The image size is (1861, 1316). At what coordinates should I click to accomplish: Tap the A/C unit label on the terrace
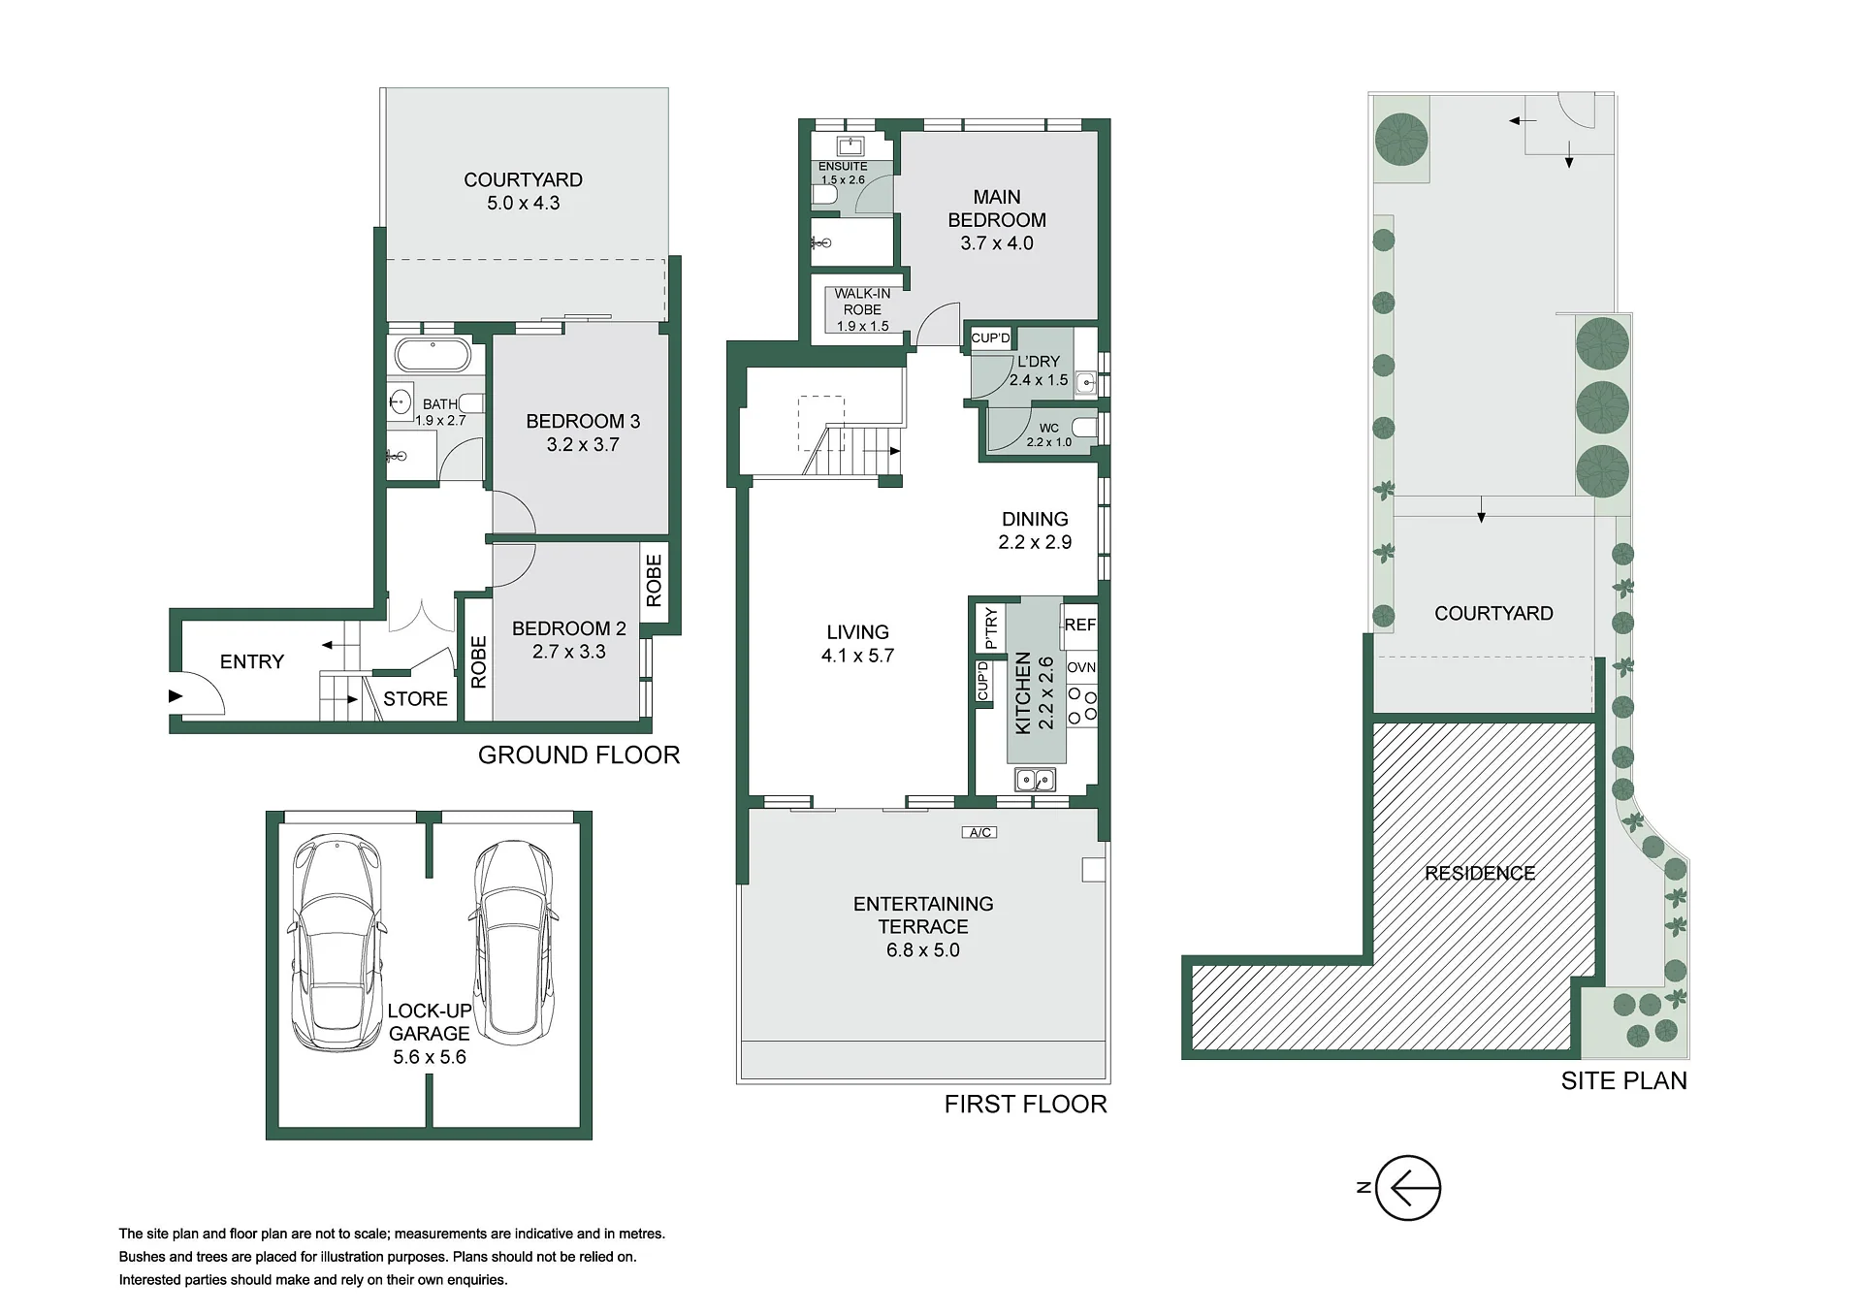click(x=979, y=832)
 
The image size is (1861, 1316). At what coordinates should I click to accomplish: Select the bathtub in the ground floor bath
click(x=433, y=355)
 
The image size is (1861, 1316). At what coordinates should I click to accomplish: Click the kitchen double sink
click(x=1035, y=779)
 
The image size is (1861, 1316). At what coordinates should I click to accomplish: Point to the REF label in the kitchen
click(x=1079, y=625)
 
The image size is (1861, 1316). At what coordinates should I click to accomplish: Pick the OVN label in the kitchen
click(x=1081, y=667)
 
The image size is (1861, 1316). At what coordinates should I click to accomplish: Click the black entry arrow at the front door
click(x=176, y=695)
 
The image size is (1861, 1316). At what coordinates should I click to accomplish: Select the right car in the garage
click(x=513, y=942)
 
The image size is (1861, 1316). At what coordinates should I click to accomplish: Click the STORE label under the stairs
click(x=415, y=699)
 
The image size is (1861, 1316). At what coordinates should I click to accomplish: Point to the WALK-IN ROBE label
click(x=862, y=302)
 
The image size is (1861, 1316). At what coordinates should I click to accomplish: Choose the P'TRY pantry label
click(x=990, y=627)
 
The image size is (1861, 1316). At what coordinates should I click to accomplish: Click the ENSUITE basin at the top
click(x=850, y=146)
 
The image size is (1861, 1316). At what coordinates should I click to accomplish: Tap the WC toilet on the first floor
click(x=1084, y=428)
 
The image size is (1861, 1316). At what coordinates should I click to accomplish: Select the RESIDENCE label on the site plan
click(x=1480, y=873)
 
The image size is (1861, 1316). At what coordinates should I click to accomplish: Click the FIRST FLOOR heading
click(x=1025, y=1104)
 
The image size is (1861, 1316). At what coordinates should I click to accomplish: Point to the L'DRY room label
click(x=1039, y=361)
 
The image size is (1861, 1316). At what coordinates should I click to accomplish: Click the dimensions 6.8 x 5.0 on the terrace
click(x=922, y=950)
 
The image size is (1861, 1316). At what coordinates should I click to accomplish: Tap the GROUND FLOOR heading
click(x=579, y=754)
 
